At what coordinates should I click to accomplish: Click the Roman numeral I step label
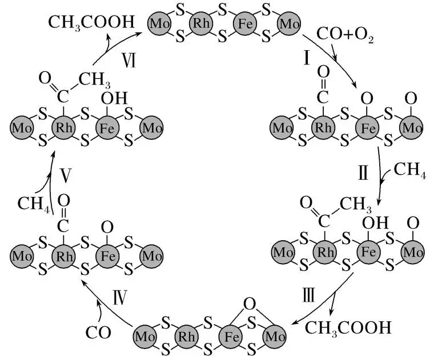point(307,58)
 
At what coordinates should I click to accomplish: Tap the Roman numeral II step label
point(363,172)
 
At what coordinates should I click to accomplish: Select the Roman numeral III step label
point(308,295)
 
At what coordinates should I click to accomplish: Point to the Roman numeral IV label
point(120,297)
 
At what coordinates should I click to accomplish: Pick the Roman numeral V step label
point(66,175)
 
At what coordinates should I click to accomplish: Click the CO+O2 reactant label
point(345,35)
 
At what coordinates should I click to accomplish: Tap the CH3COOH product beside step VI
point(91,23)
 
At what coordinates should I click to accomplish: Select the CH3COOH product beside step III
point(348,328)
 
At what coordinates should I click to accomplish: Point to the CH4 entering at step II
point(409,170)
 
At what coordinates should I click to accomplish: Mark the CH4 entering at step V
point(34,204)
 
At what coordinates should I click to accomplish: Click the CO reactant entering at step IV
point(98,333)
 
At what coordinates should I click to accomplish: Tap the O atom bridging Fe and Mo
point(250,304)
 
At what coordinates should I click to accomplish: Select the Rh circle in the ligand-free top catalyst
point(201,23)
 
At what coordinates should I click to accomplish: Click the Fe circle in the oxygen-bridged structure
point(231,337)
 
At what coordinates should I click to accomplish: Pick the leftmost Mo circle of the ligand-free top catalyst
point(159,23)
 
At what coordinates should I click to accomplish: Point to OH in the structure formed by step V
point(114,99)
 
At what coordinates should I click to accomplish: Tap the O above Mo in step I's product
point(411,99)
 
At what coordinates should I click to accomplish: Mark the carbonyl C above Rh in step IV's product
point(63,226)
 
